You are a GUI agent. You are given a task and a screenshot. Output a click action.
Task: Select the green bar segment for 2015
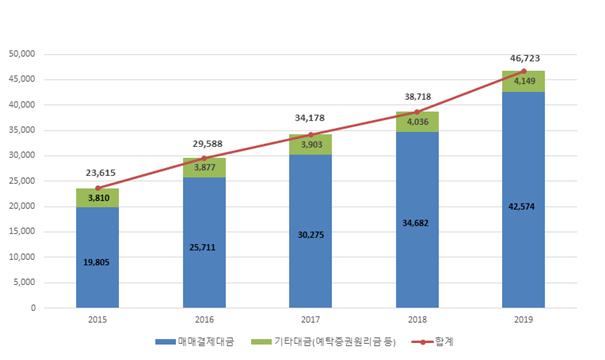[97, 197]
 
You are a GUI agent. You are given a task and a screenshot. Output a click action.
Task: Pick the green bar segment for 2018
[417, 122]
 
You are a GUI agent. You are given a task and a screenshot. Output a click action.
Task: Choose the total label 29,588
[204, 143]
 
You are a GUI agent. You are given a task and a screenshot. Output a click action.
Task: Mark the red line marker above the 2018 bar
[417, 111]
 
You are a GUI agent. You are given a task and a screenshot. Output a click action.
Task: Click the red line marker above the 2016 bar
[204, 158]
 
